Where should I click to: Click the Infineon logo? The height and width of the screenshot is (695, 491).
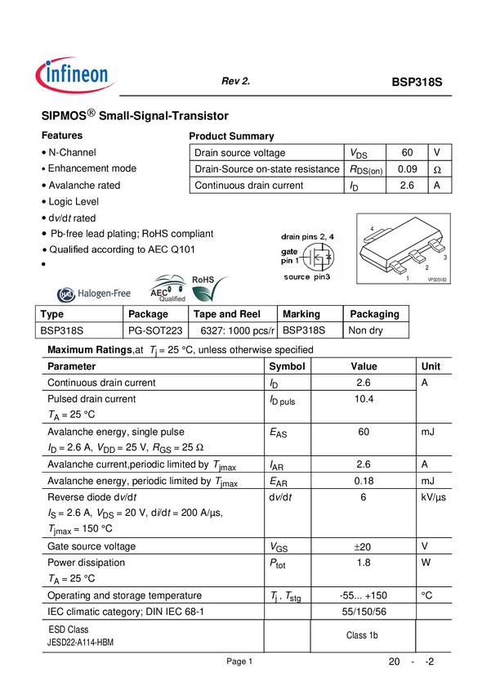[75, 75]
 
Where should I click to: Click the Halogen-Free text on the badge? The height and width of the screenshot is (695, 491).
[104, 295]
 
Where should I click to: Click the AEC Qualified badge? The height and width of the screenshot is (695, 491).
[168, 289]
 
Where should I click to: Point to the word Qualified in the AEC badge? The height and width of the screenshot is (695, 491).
[172, 298]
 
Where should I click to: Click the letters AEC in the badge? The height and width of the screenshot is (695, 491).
[158, 290]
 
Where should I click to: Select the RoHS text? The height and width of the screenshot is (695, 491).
[203, 280]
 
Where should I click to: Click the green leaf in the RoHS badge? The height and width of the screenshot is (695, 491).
[212, 293]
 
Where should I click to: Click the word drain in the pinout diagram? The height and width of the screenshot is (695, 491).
[288, 235]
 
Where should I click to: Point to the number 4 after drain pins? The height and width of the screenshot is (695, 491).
[331, 235]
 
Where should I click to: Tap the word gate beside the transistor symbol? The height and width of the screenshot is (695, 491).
[290, 252]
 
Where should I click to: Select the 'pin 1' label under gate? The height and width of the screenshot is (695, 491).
[290, 260]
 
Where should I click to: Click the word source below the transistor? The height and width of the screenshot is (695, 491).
[297, 277]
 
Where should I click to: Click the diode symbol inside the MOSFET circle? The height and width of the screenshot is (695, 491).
[328, 258]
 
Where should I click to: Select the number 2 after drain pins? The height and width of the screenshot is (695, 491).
[322, 235]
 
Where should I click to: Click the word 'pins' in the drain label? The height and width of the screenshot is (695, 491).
[308, 235]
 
